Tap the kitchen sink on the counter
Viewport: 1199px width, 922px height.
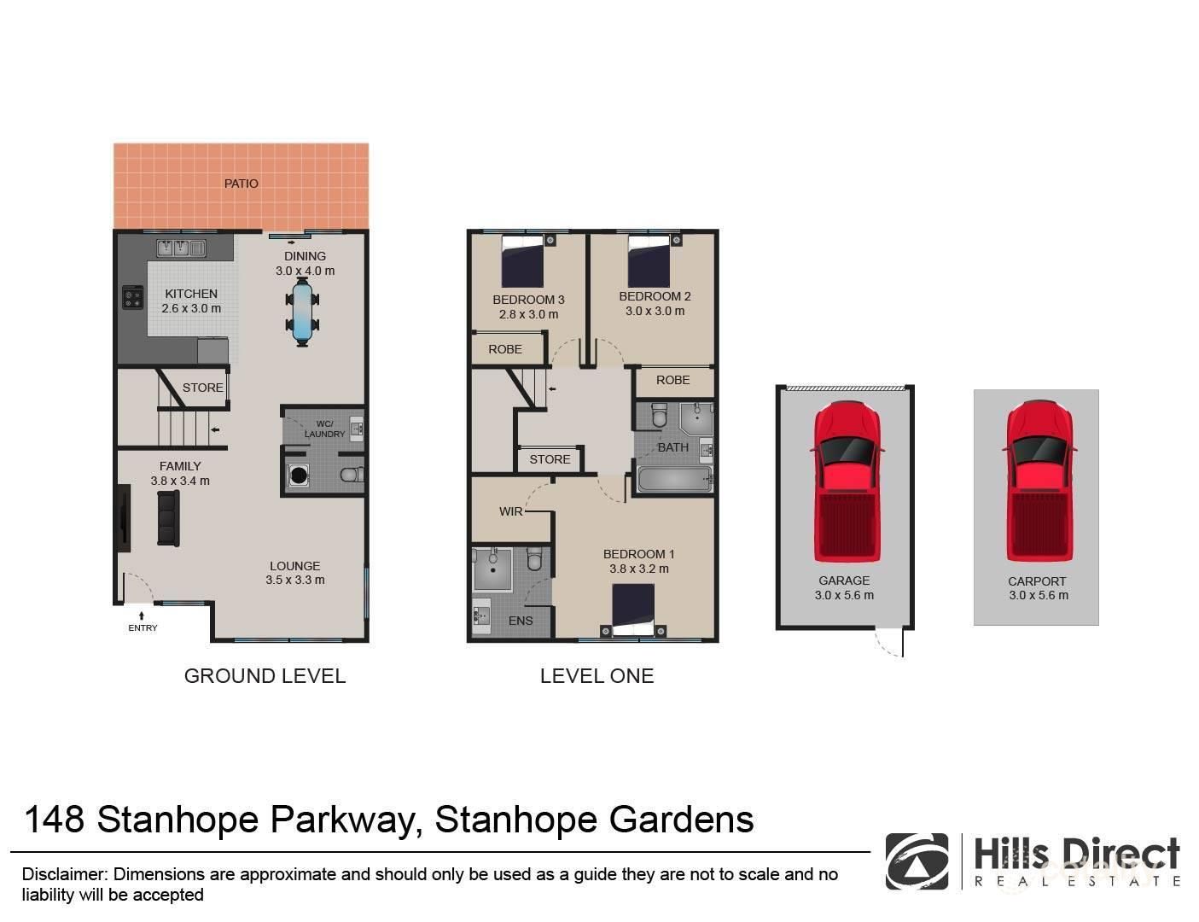181,248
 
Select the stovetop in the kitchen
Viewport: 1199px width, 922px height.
133,297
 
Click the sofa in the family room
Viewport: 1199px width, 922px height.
168,519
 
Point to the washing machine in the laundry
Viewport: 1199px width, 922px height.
299,476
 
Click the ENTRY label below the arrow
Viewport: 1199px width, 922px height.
143,628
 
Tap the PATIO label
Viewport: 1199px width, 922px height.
241,184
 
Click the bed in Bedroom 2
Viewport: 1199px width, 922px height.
649,260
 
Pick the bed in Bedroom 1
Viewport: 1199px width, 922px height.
633,610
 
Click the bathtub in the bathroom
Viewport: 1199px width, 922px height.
674,479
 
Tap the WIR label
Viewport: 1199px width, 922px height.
510,511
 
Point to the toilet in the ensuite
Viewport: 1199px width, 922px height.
534,559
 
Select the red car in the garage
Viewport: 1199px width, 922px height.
847,481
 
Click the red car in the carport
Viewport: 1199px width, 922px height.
1037,481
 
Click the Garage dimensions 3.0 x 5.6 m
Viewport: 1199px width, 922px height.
844,596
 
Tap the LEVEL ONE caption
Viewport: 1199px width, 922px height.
597,676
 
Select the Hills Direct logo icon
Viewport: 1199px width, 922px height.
917,861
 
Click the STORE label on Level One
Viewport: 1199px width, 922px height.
550,459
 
